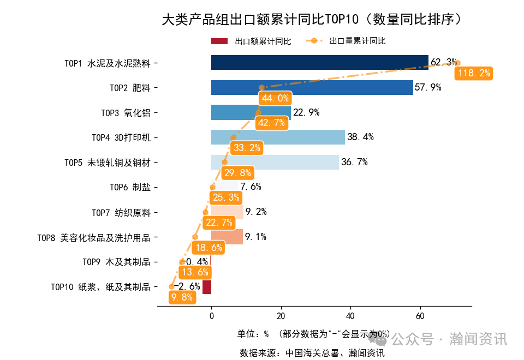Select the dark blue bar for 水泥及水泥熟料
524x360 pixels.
[x=319, y=63]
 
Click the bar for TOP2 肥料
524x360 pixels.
[x=312, y=87]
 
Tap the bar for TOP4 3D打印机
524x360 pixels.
[x=278, y=137]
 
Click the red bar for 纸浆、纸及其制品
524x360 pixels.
[x=207, y=286]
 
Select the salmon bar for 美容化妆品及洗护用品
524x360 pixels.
[x=227, y=237]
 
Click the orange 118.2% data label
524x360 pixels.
[x=474, y=73]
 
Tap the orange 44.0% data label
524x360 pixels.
[x=275, y=98]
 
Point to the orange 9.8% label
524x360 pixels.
[x=182, y=297]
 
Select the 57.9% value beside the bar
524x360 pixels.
[x=428, y=87]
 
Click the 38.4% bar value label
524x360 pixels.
[x=360, y=137]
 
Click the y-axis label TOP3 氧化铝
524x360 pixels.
[x=126, y=113]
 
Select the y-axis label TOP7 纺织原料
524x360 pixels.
[x=121, y=212]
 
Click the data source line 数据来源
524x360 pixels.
[x=312, y=353]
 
